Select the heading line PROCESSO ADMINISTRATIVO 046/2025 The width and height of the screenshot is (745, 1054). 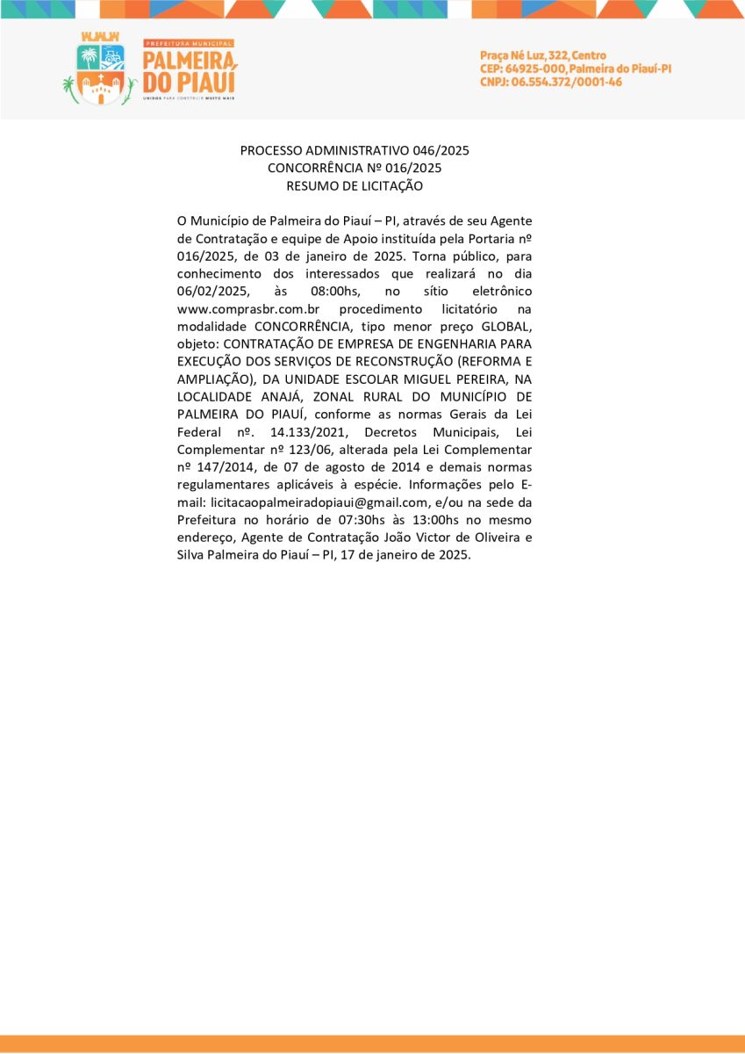click(x=355, y=150)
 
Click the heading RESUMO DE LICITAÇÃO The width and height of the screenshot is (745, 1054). click(x=355, y=185)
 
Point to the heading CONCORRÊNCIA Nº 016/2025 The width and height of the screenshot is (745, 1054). click(x=355, y=168)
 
